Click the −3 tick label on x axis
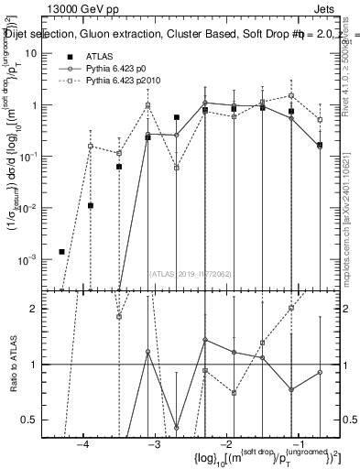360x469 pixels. coord(155,442)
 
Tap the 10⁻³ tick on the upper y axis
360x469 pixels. coord(28,259)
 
